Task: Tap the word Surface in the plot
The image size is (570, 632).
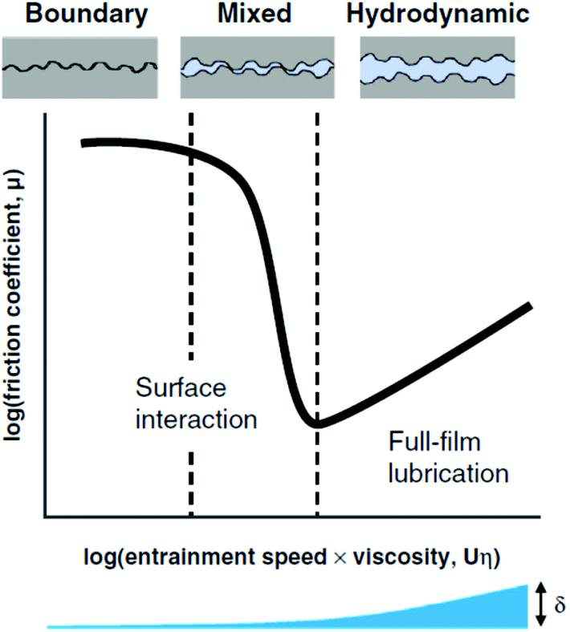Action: (181, 390)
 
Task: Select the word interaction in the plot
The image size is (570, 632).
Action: (197, 418)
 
